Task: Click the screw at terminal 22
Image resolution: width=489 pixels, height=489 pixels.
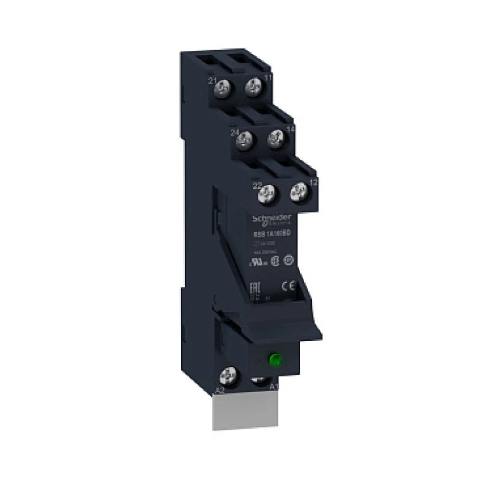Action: (267, 194)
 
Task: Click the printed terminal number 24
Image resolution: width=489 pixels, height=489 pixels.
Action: (234, 132)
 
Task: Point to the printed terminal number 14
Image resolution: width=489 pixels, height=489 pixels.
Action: (290, 129)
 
